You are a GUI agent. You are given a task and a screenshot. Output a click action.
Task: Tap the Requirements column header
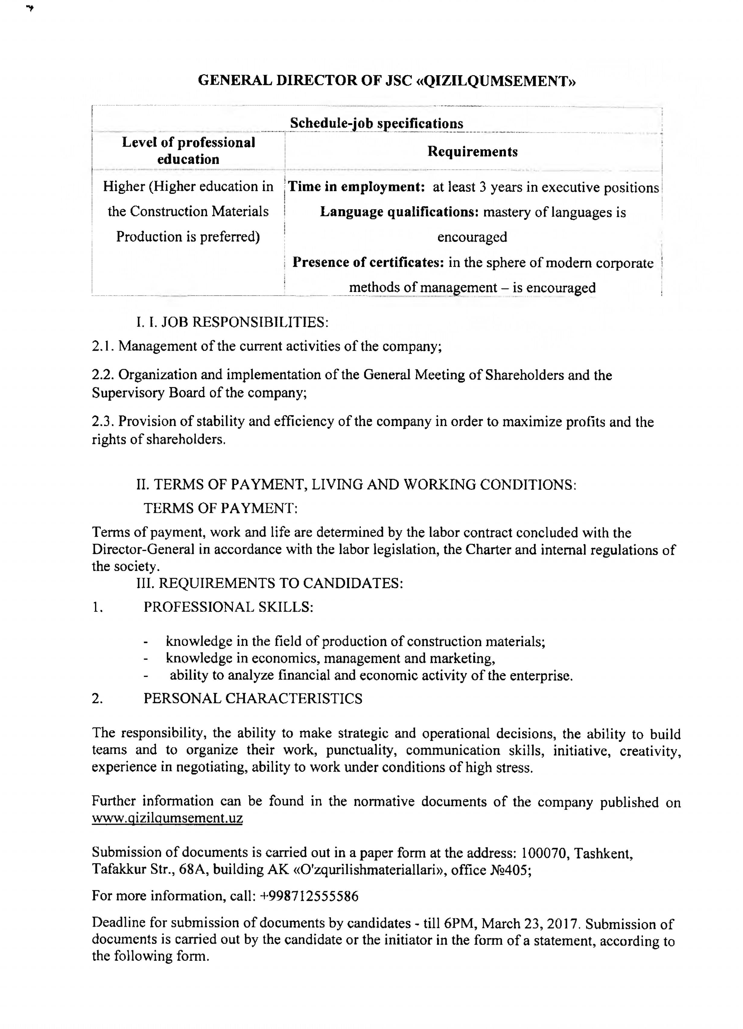point(472,152)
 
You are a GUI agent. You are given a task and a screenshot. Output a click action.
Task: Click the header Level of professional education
point(188,151)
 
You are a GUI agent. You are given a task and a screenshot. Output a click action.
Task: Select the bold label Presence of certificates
point(368,262)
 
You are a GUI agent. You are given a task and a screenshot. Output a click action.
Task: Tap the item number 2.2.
point(103,375)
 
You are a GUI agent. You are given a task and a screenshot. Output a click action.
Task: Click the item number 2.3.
point(103,422)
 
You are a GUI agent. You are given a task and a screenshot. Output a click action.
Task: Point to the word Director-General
point(143,550)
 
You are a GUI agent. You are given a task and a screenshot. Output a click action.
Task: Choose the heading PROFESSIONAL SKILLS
point(228,607)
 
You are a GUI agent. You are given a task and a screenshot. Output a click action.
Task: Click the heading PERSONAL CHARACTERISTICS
point(253,698)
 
